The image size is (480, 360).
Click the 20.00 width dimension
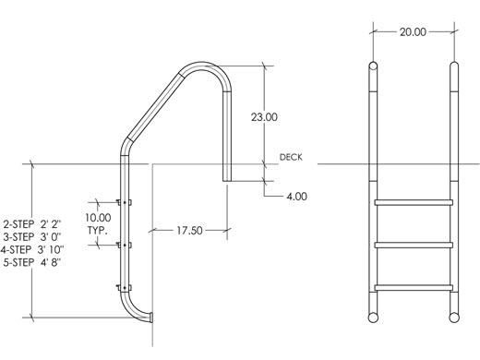click(413, 31)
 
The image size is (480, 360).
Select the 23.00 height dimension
click(264, 117)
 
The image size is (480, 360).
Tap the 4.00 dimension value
click(296, 197)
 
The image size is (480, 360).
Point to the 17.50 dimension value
click(189, 230)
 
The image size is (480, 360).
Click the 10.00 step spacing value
click(98, 218)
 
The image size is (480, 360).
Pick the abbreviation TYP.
click(98, 231)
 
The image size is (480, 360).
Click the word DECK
click(291, 157)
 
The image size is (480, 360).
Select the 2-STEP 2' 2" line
click(32, 224)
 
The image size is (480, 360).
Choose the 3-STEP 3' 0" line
click(32, 237)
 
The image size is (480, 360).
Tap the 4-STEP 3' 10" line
click(32, 249)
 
